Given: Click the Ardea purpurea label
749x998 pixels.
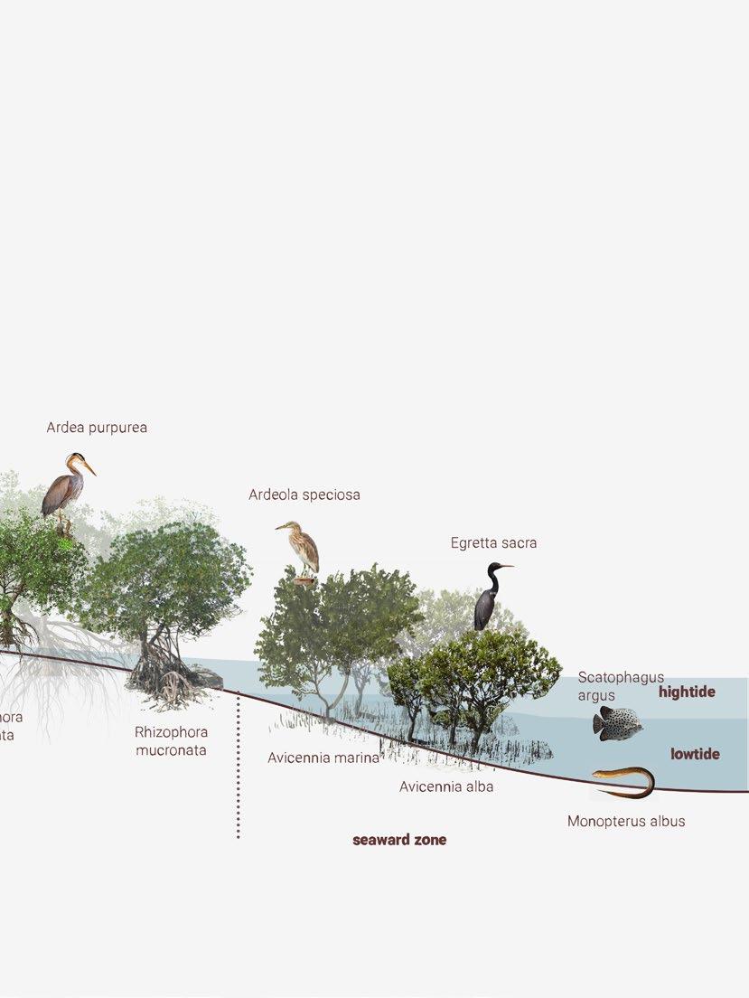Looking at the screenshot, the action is (x=97, y=428).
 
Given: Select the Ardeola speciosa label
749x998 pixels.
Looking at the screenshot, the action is (x=304, y=494).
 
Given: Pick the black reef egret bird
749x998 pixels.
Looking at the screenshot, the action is (x=489, y=598).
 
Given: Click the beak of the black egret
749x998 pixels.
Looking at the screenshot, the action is (x=506, y=567).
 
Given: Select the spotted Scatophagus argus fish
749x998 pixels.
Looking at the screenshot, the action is (x=618, y=723).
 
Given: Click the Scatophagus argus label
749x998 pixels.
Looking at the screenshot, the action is (x=620, y=686).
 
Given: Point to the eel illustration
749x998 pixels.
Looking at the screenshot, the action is (x=625, y=782).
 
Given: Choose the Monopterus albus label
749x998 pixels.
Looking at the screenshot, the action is (x=626, y=822).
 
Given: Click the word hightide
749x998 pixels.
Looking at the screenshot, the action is (x=687, y=692).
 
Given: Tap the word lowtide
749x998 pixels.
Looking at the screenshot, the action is (x=695, y=754).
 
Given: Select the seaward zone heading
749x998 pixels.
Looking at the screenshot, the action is (x=399, y=840).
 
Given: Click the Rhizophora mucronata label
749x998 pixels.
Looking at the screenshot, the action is (x=171, y=741).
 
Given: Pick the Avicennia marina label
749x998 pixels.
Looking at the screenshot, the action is (x=323, y=758).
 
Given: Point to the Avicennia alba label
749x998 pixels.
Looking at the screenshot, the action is (x=446, y=786).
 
